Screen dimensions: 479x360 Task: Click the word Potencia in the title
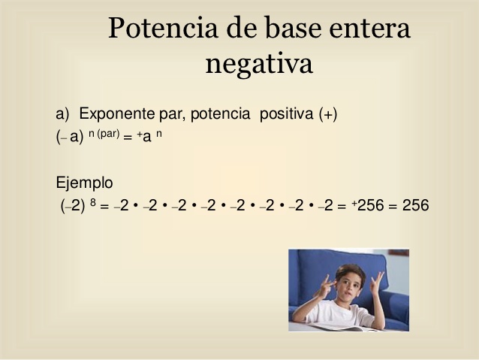tap(163, 28)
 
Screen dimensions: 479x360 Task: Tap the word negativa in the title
tap(259, 64)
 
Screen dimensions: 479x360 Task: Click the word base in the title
tap(294, 28)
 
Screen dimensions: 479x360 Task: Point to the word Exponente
tap(117, 113)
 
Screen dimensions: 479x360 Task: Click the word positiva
tap(287, 114)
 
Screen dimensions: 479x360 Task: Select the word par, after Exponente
tap(173, 115)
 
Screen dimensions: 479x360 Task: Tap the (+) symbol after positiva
tap(328, 114)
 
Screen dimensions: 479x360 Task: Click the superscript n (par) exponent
tap(104, 134)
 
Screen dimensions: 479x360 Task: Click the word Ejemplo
tap(84, 183)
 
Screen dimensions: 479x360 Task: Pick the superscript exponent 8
tap(93, 202)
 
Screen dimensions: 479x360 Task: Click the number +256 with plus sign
tap(367, 205)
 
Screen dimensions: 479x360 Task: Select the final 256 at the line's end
tap(415, 205)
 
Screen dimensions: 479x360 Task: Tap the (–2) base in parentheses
tap(73, 205)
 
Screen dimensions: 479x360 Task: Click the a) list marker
tap(62, 114)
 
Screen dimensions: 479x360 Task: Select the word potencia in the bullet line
tap(220, 114)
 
